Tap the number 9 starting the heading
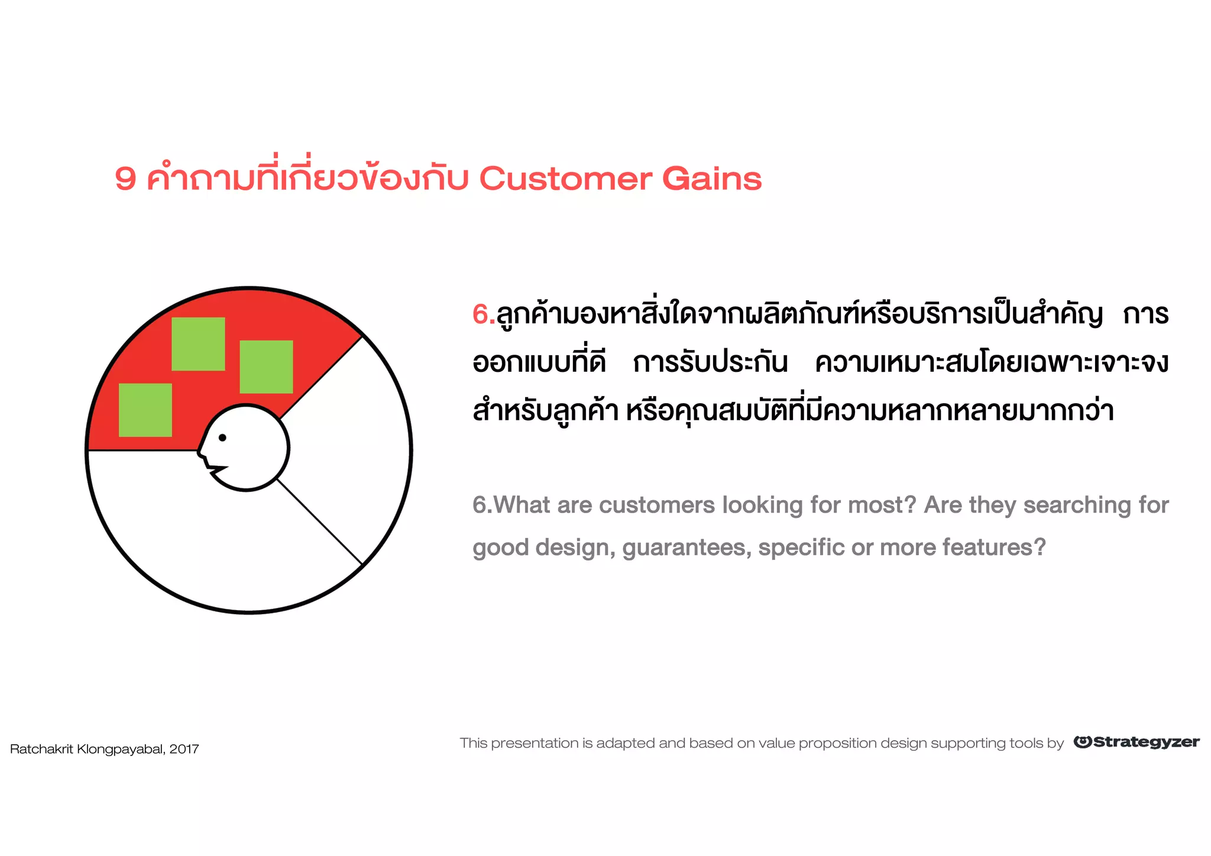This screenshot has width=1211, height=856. coord(125,179)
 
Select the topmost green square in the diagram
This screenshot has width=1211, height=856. coord(198,344)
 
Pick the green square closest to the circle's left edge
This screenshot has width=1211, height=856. coord(145,410)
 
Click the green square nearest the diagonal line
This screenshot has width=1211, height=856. coord(266,367)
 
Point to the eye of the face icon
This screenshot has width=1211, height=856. coord(222,437)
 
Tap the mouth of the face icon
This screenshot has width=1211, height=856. coord(216,469)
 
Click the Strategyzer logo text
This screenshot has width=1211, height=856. coord(1146,742)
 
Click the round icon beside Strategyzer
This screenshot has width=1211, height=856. coord(1082,742)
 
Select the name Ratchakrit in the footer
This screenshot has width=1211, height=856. coord(42,749)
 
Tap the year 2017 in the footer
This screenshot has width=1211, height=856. coord(184,749)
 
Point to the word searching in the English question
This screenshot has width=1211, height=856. coord(1077,505)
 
